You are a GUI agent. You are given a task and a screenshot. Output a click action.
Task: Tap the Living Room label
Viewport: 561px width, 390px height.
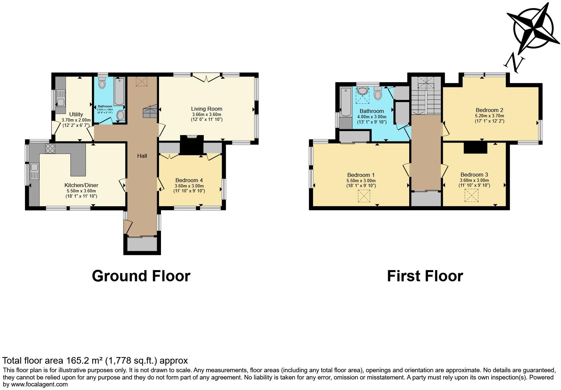pos(206,109)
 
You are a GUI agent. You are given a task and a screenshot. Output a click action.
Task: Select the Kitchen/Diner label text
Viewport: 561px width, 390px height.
pos(81,185)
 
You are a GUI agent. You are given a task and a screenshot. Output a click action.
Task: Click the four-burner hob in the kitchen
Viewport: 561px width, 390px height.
pos(50,148)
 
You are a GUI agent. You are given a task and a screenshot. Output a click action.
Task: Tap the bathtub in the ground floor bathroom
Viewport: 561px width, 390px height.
pos(119,91)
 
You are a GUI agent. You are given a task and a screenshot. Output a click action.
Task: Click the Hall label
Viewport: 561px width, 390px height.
pos(142,156)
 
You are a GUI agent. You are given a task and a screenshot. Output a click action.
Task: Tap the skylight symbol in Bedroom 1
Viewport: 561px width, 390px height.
pos(364,197)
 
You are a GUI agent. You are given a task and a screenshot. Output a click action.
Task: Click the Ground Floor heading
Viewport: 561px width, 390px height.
pos(141,276)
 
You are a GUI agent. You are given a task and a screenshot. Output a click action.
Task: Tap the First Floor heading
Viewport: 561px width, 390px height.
pos(425,276)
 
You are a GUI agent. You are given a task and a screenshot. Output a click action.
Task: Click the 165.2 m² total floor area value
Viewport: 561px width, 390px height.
pos(81,360)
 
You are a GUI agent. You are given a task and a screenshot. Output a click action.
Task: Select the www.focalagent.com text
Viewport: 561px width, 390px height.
pos(40,384)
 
